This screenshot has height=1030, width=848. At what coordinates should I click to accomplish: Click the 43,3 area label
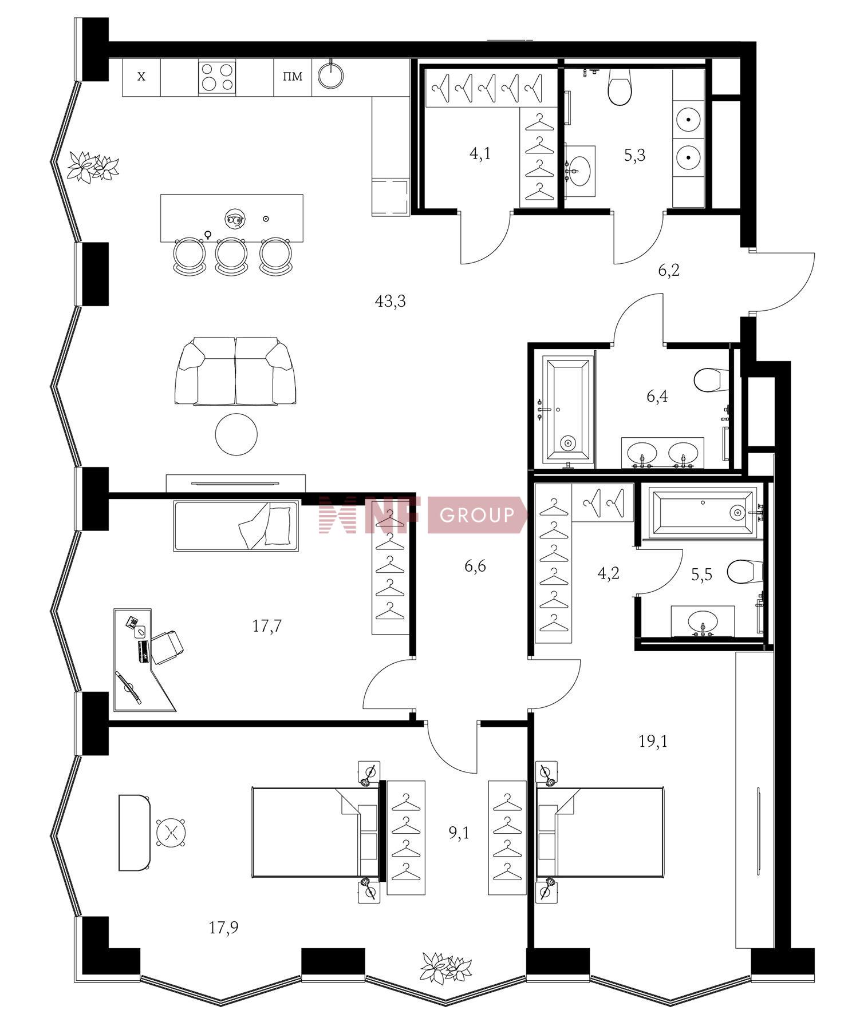pos(390,301)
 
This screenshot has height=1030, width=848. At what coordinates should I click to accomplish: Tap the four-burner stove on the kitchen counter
pos(217,77)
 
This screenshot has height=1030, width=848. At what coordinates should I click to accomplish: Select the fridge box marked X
pos(141,77)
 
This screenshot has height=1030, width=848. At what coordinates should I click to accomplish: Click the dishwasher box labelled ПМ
pos(293,77)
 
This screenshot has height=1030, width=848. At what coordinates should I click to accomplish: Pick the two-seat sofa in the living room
pos(236,371)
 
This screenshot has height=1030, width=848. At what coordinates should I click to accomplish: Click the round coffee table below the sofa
pos(236,435)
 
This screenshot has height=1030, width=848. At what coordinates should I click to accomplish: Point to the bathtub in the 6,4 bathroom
pos(568,410)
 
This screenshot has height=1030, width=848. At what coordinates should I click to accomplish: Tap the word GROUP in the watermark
pos(477,516)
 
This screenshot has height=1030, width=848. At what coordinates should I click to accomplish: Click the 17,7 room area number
pos(267,627)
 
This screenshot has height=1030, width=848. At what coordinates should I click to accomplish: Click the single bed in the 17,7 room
pos(236,526)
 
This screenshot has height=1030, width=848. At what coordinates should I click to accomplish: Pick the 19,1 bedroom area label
pos(653,742)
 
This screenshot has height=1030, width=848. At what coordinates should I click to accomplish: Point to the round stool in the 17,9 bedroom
pos(171,832)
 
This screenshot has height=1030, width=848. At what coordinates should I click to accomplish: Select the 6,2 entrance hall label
pos(669,271)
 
